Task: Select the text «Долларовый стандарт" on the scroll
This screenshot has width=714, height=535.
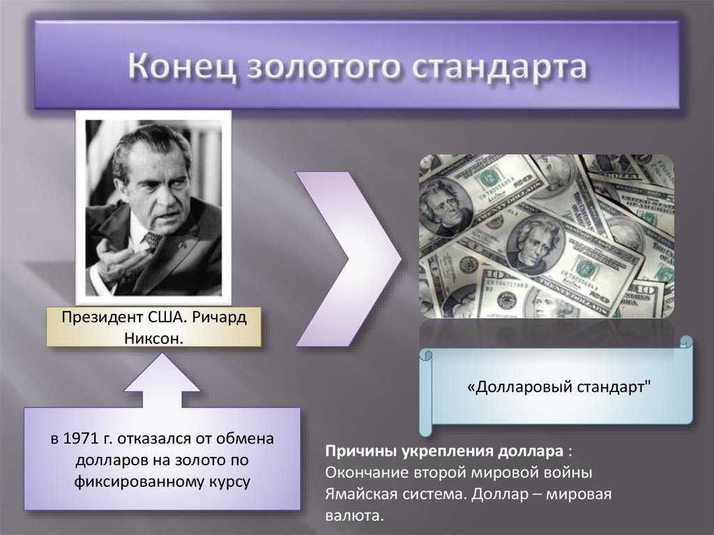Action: pos(559,387)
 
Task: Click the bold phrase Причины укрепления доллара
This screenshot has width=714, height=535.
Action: pos(444,451)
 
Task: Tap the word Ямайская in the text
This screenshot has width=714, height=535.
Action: pos(357,494)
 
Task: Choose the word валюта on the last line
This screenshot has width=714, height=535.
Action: pos(355,516)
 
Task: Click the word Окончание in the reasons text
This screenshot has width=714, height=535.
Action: pos(367,472)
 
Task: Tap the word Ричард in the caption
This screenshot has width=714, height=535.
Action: pos(219,317)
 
